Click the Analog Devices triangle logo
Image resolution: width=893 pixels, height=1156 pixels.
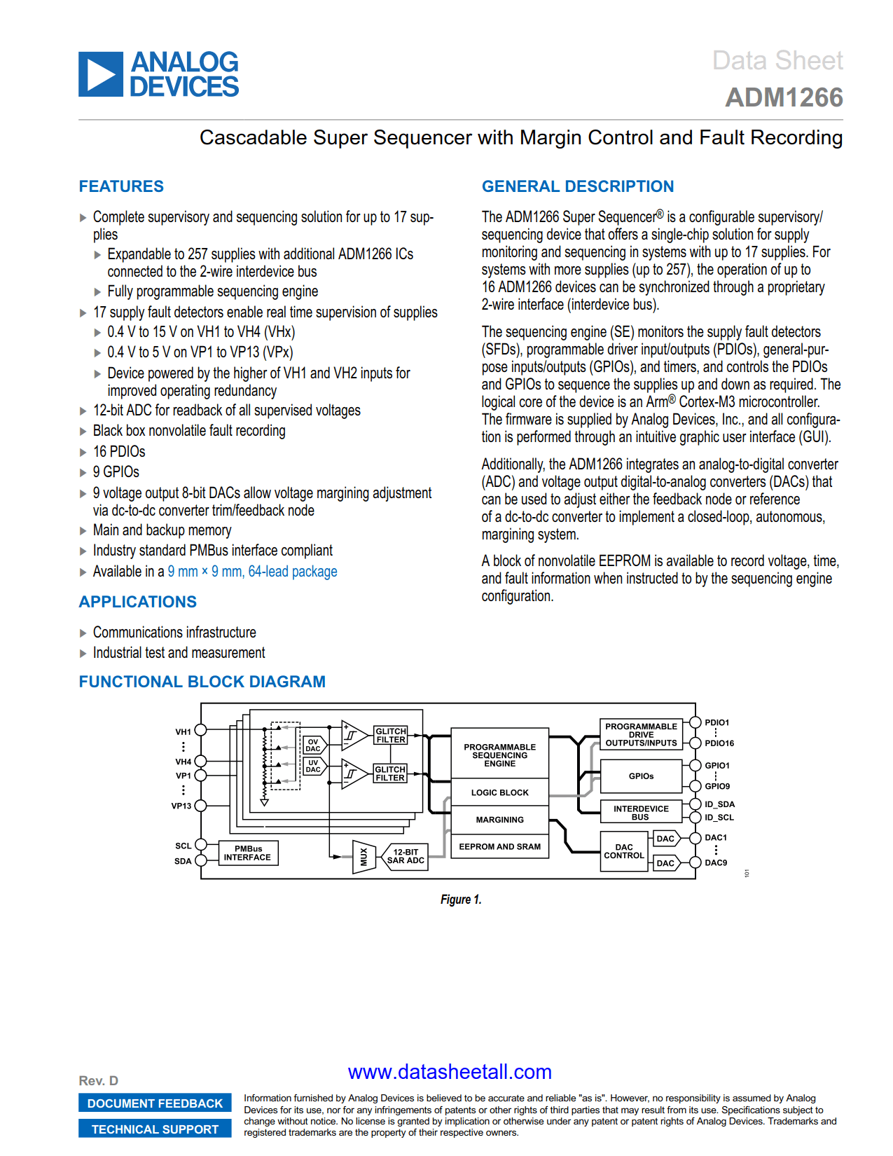(x=101, y=74)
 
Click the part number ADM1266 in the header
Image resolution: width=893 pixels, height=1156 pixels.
(x=784, y=97)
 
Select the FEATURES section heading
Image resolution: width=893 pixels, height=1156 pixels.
(x=121, y=186)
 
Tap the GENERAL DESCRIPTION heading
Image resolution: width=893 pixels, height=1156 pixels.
(x=577, y=186)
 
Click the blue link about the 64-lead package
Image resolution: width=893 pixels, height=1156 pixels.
(x=252, y=572)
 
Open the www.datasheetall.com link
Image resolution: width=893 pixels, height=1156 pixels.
(x=450, y=1072)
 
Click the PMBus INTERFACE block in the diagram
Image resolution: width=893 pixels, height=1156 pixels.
(x=248, y=853)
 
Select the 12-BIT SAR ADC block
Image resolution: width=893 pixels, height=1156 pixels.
(x=406, y=856)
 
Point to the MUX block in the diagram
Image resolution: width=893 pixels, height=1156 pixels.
(x=363, y=856)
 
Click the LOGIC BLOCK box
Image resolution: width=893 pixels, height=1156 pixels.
(x=499, y=792)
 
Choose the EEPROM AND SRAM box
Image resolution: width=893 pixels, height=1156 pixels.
(x=499, y=846)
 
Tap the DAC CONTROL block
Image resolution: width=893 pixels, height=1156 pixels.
(x=623, y=851)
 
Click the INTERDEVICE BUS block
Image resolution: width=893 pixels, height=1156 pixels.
(x=640, y=812)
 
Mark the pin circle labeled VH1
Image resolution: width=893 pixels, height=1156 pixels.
(x=200, y=729)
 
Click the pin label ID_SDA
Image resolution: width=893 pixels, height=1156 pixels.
(x=719, y=804)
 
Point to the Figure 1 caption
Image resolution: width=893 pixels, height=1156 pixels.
(x=460, y=900)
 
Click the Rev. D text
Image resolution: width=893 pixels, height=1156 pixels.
(x=98, y=1080)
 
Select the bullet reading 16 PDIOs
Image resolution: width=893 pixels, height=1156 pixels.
(x=119, y=452)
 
